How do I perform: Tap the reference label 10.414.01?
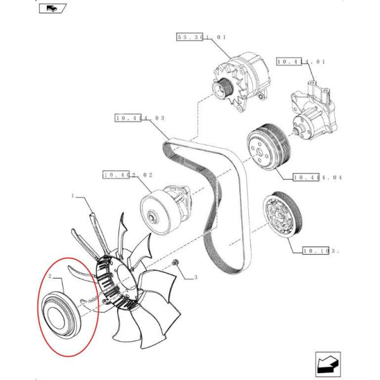coord(301,62)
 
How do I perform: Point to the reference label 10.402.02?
coord(127,174)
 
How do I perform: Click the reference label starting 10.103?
coord(321,251)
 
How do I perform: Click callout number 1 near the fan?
coord(74,197)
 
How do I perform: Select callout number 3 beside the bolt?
coord(196,277)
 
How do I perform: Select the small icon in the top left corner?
coord(50,9)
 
